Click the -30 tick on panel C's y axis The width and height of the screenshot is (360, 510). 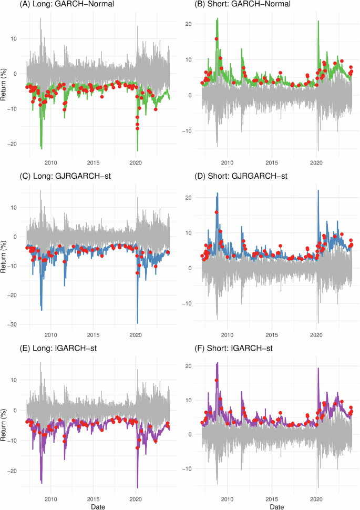click(x=13, y=324)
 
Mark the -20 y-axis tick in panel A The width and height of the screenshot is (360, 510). click(x=13, y=144)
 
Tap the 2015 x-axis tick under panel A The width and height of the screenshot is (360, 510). click(x=93, y=163)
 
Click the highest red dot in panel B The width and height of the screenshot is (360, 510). click(x=217, y=39)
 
